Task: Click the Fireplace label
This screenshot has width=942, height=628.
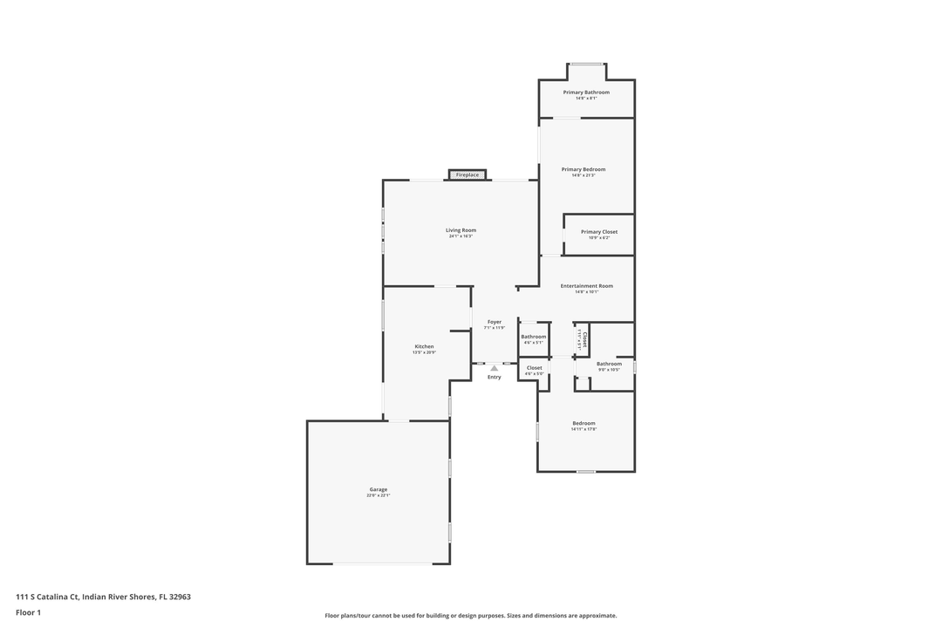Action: click(468, 175)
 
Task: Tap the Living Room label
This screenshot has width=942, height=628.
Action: click(461, 230)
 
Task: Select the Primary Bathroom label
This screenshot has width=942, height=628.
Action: click(586, 92)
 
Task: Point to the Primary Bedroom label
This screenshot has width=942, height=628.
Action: click(584, 169)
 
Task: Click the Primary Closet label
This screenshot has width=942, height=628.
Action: click(599, 232)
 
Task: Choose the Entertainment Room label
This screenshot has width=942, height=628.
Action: click(586, 286)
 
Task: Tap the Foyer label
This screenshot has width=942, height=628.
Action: click(495, 322)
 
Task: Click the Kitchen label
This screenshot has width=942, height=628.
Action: click(424, 346)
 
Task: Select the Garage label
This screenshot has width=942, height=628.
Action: click(379, 489)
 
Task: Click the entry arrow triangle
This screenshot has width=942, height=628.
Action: click(495, 368)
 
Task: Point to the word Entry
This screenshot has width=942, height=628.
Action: click(495, 377)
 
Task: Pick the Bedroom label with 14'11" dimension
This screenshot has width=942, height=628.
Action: click(584, 423)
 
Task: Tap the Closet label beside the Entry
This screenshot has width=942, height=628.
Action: click(535, 368)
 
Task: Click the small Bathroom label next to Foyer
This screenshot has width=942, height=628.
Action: click(534, 337)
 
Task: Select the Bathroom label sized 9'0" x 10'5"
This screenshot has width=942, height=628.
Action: click(609, 364)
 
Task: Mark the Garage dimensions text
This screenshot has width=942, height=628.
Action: click(379, 495)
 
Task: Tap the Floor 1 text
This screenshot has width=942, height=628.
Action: click(28, 613)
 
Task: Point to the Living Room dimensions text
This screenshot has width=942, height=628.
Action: click(461, 236)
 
